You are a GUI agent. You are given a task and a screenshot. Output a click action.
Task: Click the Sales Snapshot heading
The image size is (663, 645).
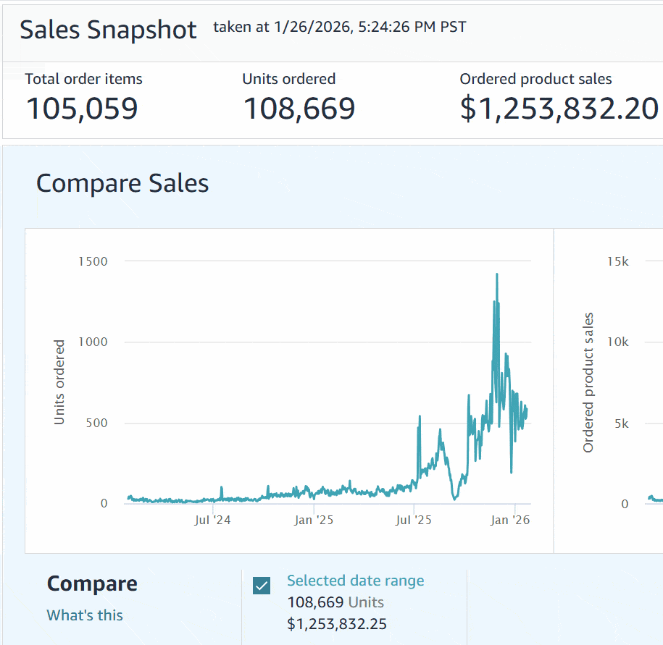(x=108, y=30)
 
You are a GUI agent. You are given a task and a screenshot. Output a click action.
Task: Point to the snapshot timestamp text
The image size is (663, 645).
(x=340, y=28)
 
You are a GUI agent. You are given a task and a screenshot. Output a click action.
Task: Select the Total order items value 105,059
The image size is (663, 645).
(x=82, y=109)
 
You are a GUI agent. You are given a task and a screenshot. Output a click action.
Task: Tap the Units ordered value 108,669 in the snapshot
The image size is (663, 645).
(x=299, y=109)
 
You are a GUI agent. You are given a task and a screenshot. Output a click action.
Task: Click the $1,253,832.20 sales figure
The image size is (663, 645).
(x=559, y=109)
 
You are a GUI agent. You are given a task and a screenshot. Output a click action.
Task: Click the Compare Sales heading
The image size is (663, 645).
(x=122, y=183)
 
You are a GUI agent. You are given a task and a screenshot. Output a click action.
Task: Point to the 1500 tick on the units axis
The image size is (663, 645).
(x=92, y=261)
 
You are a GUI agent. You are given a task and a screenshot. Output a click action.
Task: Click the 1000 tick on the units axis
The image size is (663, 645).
(x=92, y=342)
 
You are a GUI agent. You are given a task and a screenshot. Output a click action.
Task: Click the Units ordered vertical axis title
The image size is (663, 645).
(x=59, y=382)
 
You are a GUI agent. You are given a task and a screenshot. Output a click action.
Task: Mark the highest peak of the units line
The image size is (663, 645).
(x=496, y=274)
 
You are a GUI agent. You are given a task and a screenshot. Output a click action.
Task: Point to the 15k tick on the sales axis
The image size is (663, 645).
(x=617, y=261)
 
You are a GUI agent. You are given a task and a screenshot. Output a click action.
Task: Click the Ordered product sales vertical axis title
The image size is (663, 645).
(x=588, y=382)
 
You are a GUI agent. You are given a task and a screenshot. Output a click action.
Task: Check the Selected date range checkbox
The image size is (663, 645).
(x=262, y=586)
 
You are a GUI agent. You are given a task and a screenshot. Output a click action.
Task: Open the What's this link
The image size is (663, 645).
(x=85, y=615)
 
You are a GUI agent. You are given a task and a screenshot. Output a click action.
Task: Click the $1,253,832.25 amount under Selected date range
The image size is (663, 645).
(x=337, y=624)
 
